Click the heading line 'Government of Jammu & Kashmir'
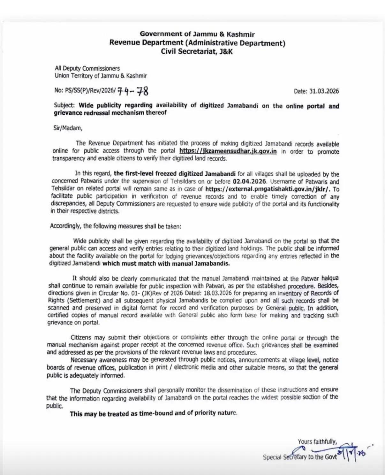(x=197, y=34)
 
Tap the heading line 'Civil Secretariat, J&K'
(x=197, y=51)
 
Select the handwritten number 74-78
(x=133, y=91)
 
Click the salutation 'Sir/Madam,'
(x=68, y=128)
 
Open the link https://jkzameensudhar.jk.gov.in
(x=228, y=151)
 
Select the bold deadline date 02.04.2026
(x=250, y=181)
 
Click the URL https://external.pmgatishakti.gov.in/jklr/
(x=265, y=189)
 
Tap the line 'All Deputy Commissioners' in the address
(x=87, y=68)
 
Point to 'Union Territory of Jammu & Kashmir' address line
(x=101, y=76)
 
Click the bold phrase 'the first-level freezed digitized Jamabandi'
(x=175, y=174)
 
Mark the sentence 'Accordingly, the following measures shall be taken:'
(x=115, y=226)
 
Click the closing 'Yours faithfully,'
(x=317, y=442)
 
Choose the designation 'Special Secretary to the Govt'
(x=299, y=457)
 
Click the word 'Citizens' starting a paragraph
(x=81, y=338)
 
